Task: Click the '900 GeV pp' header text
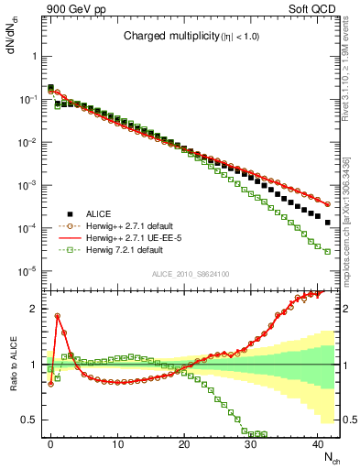pyautogui.click(x=73, y=9)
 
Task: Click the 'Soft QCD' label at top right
pyautogui.click(x=316, y=9)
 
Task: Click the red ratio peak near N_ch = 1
pyautogui.click(x=58, y=316)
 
